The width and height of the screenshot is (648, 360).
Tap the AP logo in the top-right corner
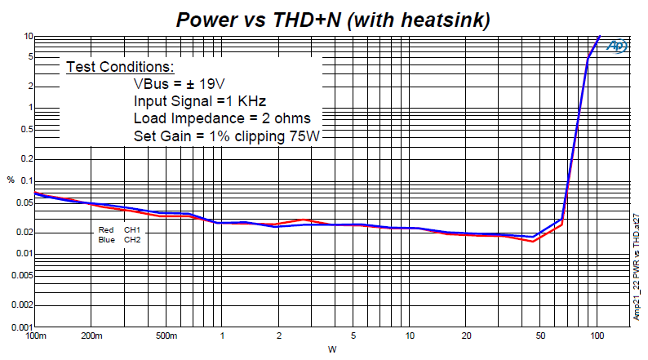[617, 47]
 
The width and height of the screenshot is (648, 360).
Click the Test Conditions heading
[120, 67]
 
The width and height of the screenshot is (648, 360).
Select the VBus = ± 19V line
[180, 84]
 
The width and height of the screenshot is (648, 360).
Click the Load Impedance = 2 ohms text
[222, 118]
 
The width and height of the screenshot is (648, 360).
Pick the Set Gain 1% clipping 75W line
[229, 136]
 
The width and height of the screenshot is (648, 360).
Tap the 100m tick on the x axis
[35, 336]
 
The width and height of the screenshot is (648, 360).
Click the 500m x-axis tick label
[166, 336]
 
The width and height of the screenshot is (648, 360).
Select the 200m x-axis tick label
[91, 336]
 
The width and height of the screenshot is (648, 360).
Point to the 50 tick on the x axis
[541, 336]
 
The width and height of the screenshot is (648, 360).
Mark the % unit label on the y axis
[11, 180]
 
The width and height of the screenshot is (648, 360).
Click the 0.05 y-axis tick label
[24, 202]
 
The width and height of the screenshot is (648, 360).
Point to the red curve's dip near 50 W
[533, 242]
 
